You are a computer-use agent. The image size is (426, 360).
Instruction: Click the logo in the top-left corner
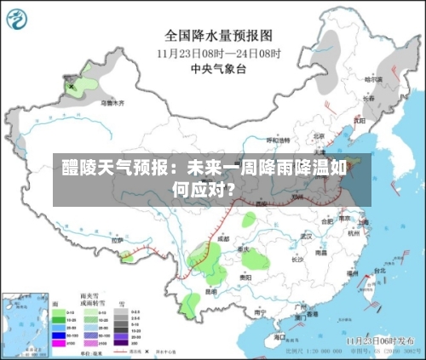(x=20, y=19)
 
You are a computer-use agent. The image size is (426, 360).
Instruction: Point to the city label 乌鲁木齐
(x=112, y=102)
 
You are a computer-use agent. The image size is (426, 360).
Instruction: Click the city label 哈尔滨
(x=374, y=79)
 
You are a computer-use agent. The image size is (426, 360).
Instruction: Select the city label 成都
(x=223, y=238)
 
